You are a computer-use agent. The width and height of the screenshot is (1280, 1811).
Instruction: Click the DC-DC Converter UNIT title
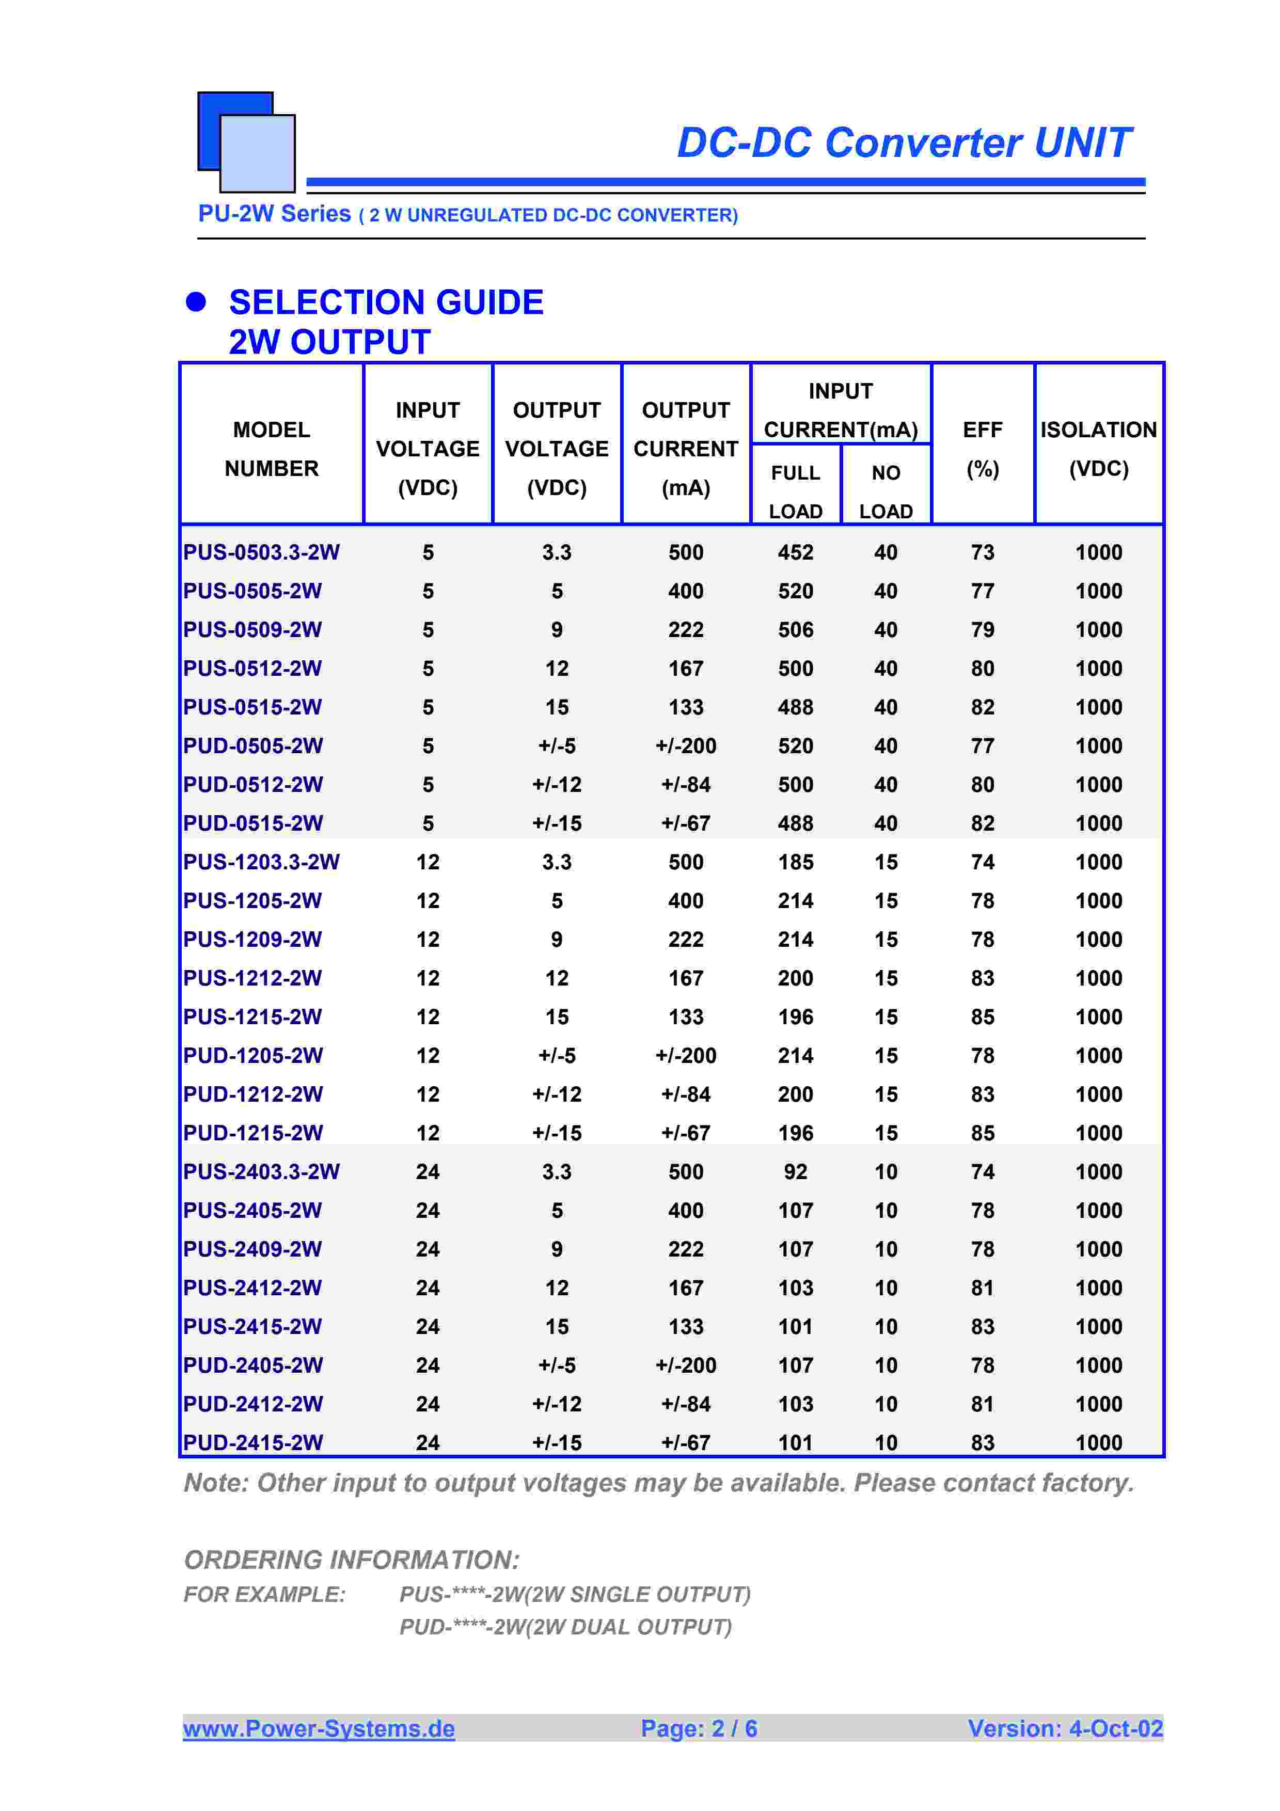(x=903, y=143)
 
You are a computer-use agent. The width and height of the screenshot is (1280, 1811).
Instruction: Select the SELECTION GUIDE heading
(x=386, y=303)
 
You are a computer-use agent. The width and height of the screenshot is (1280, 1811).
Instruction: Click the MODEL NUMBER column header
(x=271, y=449)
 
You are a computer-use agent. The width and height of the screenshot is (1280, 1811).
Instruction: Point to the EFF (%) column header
(x=982, y=449)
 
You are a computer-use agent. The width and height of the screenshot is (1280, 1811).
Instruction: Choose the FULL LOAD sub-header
(x=795, y=491)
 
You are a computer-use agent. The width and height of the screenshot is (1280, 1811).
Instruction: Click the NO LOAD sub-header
(x=885, y=491)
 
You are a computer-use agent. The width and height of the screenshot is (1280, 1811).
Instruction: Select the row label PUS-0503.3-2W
(x=261, y=552)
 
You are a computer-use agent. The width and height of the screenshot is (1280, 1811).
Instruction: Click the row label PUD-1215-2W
(x=252, y=1133)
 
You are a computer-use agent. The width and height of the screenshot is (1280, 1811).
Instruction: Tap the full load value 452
(x=795, y=552)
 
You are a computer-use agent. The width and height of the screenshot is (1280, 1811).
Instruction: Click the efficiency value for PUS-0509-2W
(x=982, y=629)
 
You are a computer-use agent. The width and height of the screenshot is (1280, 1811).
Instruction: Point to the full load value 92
(x=795, y=1171)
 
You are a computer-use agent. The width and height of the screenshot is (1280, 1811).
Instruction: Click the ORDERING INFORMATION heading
(x=352, y=1560)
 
